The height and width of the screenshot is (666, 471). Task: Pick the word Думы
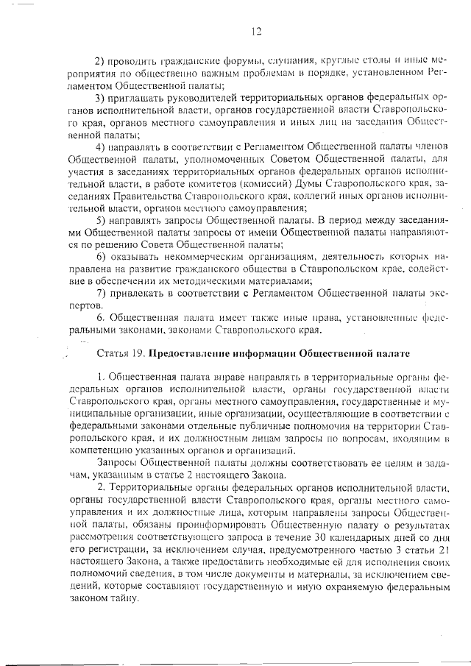[303, 181]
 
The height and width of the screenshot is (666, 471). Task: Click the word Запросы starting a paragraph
[116, 461]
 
